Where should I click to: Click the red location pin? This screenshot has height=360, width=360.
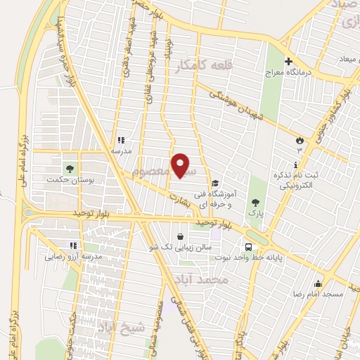[182, 165]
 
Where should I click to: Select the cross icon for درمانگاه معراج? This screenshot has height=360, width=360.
[288, 62]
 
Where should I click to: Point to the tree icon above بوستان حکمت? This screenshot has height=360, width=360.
[69, 168]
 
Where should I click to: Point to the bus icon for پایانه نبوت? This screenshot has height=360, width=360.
[248, 247]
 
